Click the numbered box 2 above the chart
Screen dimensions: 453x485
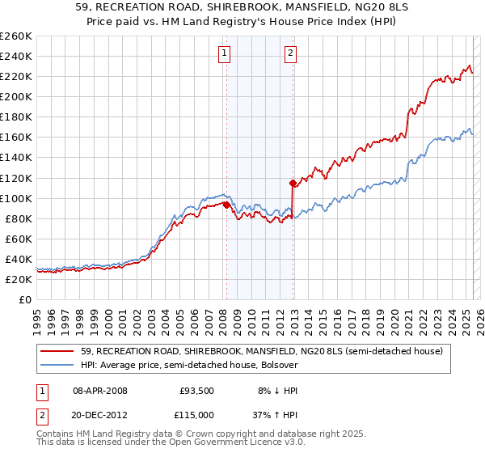(289, 54)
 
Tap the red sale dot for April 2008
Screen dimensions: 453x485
(226, 205)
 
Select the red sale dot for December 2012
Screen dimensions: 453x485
(293, 183)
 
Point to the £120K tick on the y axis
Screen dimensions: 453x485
(17, 177)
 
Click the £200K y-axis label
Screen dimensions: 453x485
(17, 96)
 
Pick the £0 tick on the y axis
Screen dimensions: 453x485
(25, 299)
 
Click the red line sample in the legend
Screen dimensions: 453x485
(57, 352)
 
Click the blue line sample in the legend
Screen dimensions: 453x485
(57, 366)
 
